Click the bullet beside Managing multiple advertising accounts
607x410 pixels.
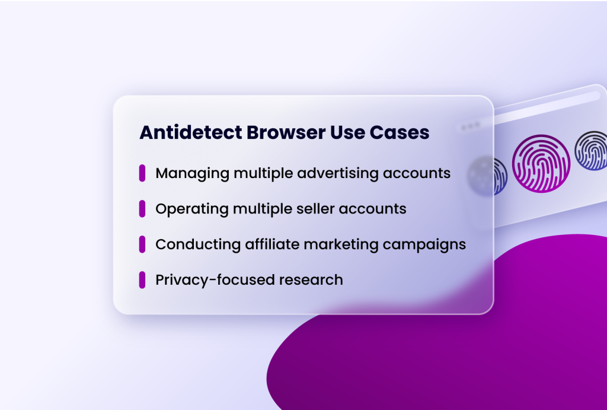(142, 173)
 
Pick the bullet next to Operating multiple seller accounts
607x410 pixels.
(142, 209)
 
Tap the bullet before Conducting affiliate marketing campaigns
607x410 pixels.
(142, 244)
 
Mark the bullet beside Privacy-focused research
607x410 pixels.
(142, 279)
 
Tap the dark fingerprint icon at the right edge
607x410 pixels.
(592, 151)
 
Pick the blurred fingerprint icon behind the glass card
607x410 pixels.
(488, 176)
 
